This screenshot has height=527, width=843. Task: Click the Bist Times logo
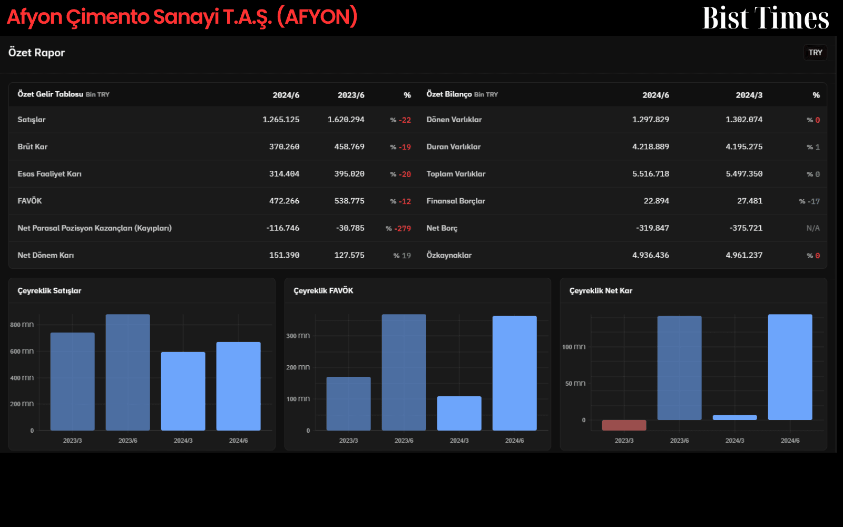(x=766, y=18)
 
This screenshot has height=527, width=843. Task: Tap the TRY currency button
(x=815, y=53)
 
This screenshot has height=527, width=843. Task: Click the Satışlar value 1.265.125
(x=281, y=120)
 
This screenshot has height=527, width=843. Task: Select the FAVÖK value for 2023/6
(x=349, y=201)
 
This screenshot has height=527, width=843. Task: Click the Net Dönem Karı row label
(x=45, y=255)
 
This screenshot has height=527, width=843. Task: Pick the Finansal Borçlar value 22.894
(x=656, y=201)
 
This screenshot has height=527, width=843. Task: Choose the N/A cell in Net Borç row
(x=813, y=228)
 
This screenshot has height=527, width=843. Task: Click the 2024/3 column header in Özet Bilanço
(x=749, y=95)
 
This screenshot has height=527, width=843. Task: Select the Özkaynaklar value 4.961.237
(x=744, y=255)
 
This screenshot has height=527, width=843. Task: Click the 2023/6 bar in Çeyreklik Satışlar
(x=128, y=372)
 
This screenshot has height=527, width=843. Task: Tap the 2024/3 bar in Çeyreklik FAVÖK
(x=459, y=413)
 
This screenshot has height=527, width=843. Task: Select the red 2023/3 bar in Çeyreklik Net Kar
(x=624, y=425)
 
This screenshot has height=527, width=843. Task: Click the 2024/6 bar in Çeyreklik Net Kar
(x=790, y=367)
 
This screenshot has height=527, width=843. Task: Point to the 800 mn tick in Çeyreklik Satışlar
(x=22, y=325)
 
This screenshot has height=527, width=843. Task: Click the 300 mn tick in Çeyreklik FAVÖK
(x=298, y=335)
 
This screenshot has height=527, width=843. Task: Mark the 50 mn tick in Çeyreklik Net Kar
(x=575, y=383)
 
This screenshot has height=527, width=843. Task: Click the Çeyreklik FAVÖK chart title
(x=324, y=290)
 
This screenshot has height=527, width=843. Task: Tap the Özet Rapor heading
(x=36, y=53)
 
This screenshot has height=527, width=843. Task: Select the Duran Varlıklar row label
(x=454, y=147)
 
